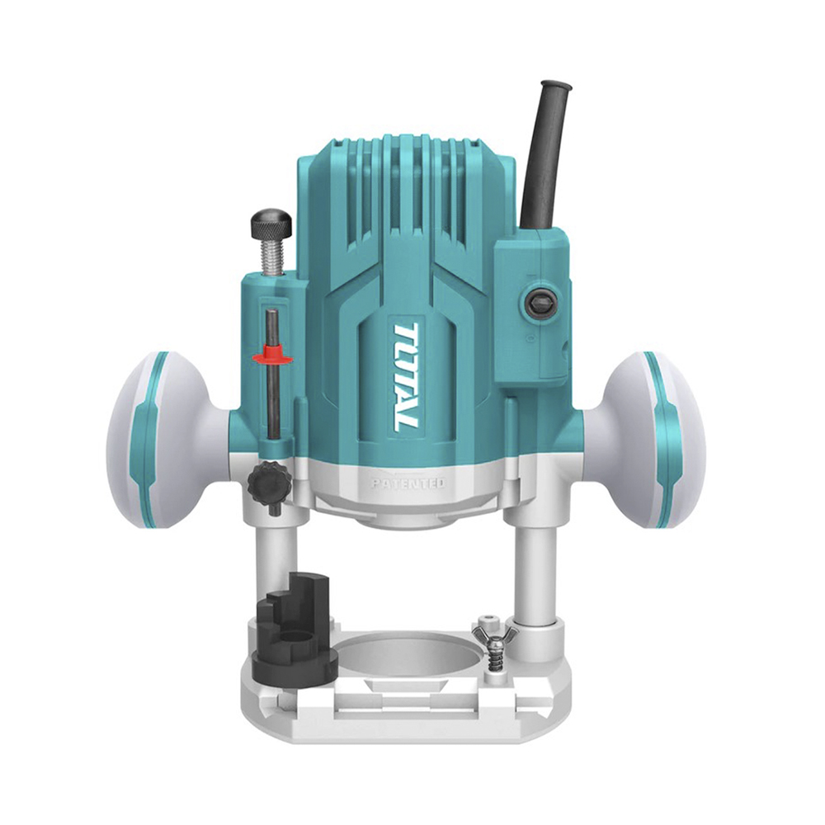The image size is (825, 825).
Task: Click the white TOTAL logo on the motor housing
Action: click(x=406, y=377)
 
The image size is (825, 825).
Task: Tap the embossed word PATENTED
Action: click(x=408, y=483)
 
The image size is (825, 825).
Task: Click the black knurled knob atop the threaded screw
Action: click(x=271, y=223)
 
